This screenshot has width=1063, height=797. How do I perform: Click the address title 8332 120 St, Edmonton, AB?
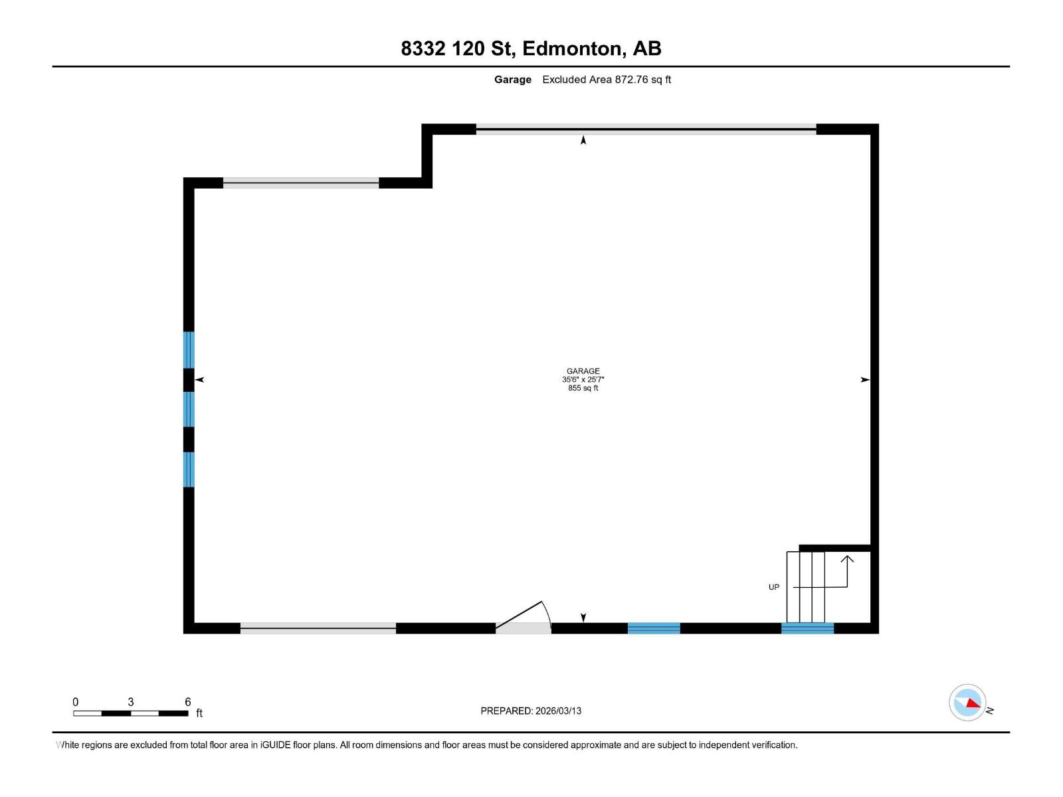pyautogui.click(x=531, y=48)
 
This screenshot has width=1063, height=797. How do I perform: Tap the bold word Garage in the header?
pyautogui.click(x=512, y=80)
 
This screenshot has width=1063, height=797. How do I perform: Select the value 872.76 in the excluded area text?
pyautogui.click(x=630, y=80)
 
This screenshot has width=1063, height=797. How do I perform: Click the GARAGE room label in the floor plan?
pyautogui.click(x=583, y=371)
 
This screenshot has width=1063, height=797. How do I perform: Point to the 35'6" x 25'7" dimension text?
pyautogui.click(x=583, y=380)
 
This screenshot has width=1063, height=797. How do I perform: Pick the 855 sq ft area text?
pyautogui.click(x=583, y=389)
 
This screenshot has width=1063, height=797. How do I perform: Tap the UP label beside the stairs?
pyautogui.click(x=773, y=587)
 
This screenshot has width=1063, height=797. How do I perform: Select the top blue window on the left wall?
pyautogui.click(x=189, y=349)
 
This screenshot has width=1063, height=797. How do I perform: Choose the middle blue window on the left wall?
pyautogui.click(x=189, y=409)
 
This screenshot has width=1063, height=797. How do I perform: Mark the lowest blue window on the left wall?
pyautogui.click(x=189, y=469)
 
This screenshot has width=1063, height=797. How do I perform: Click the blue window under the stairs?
pyautogui.click(x=807, y=628)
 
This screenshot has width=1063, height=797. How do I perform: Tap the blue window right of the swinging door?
pyautogui.click(x=654, y=628)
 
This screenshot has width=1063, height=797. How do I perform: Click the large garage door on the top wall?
pyautogui.click(x=646, y=130)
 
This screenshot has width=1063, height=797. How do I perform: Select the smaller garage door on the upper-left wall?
pyautogui.click(x=300, y=183)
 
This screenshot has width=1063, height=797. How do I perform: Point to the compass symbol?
pyautogui.click(x=968, y=702)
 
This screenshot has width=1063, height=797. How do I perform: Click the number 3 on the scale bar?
pyautogui.click(x=131, y=702)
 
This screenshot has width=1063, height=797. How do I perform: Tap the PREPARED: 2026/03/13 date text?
pyautogui.click(x=531, y=711)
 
